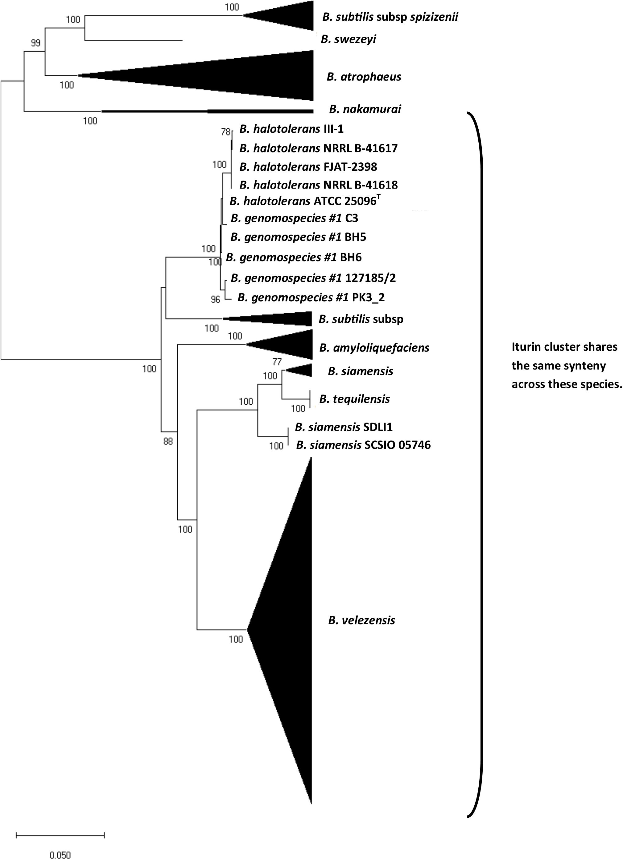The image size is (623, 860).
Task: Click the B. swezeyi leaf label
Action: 348,39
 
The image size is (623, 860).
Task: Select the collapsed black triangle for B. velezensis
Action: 292,629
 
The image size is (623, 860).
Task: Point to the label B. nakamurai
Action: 365,109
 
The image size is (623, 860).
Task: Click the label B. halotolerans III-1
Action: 291,129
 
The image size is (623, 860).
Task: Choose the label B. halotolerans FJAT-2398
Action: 308,166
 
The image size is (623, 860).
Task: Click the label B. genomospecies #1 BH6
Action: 294,257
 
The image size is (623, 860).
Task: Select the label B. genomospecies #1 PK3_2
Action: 311,297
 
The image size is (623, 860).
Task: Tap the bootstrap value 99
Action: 35,43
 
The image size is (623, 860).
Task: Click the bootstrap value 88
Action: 168,441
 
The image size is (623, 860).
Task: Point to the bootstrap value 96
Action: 215,299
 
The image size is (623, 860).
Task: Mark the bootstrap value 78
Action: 225,132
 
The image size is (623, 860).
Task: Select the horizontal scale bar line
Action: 60,835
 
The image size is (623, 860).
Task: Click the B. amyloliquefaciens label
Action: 374,348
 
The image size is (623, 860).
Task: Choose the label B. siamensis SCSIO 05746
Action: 363,445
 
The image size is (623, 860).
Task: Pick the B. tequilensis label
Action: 354,399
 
